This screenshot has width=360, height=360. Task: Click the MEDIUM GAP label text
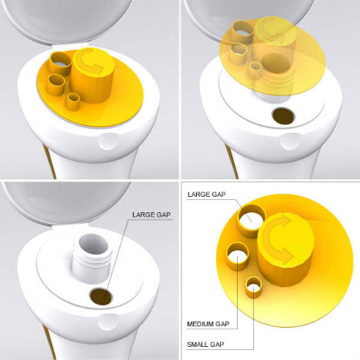[208, 324]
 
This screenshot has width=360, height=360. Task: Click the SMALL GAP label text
[205, 345]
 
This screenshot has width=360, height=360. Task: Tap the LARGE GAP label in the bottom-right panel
[207, 195]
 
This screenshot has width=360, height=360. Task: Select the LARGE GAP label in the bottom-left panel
[152, 215]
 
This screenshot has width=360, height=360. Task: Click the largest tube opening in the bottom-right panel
[252, 218]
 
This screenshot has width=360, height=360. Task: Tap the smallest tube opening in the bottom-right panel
[254, 285]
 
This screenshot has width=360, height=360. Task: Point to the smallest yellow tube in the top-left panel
[73, 102]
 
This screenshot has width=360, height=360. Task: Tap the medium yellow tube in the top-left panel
[56, 85]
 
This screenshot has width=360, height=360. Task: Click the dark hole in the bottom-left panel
[101, 296]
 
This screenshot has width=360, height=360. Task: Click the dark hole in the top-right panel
[283, 116]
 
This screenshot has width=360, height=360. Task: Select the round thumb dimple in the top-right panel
[290, 142]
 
